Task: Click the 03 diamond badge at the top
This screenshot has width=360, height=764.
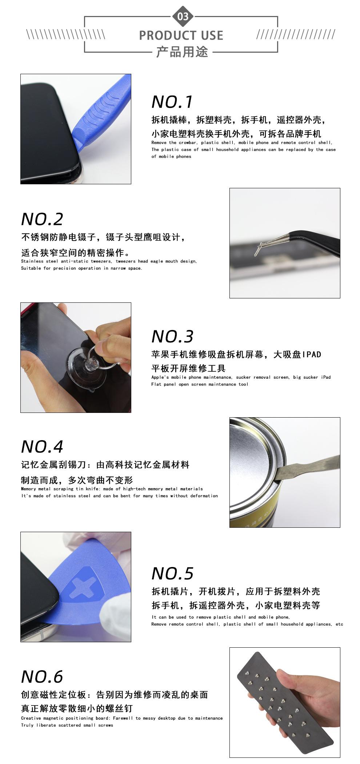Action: click(183, 16)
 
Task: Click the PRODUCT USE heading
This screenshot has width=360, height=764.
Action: click(181, 35)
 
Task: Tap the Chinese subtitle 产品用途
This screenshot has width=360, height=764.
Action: click(182, 52)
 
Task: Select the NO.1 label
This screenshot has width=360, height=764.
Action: click(172, 102)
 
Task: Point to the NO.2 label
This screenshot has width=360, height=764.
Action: click(42, 219)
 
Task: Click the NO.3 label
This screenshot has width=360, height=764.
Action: click(172, 337)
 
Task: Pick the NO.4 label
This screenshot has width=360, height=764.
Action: click(42, 447)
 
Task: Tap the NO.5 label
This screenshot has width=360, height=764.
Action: click(172, 574)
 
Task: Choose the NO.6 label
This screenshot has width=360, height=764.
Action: click(42, 676)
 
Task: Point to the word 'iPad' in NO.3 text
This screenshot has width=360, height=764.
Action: click(326, 377)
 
